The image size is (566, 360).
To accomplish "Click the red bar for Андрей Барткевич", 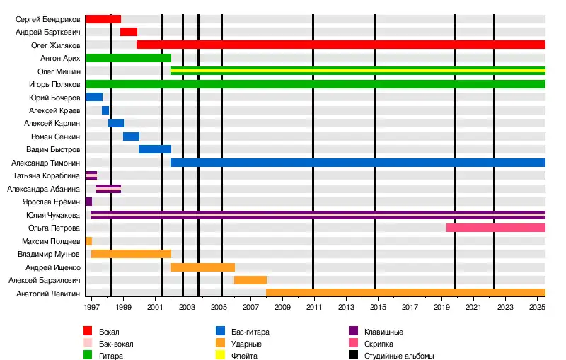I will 128,32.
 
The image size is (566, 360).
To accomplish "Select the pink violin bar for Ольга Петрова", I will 495,228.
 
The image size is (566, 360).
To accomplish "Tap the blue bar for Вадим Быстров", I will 154,149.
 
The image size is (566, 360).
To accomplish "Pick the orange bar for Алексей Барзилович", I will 250,280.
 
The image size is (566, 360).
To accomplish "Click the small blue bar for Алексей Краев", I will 105,110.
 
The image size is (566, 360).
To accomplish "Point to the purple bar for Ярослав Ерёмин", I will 88,202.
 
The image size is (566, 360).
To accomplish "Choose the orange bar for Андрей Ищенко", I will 202,267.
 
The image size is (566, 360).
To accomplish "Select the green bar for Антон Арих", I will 128,58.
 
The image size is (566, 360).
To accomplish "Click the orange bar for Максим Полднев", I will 88,241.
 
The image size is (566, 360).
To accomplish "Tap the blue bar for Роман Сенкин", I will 131,137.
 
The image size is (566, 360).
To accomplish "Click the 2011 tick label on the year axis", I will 313,308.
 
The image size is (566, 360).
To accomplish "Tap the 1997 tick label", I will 91,308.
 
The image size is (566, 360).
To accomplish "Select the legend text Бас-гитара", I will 250,331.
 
